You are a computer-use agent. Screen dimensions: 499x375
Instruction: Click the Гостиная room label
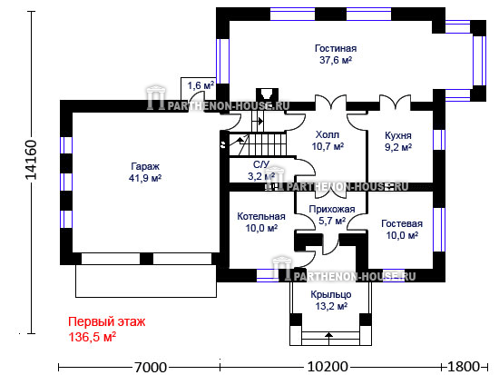pos(336,48)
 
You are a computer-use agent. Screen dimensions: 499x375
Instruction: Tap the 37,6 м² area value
pos(336,60)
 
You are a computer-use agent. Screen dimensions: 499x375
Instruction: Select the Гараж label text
pos(145,167)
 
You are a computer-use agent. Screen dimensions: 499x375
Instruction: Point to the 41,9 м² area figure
pos(145,178)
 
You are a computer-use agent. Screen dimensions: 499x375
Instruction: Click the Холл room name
pos(328,134)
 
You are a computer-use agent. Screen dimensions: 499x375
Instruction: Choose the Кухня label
pos(398,135)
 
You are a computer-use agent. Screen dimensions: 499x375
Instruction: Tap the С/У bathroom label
pos(261,164)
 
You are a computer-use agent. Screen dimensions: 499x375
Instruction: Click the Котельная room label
pos(261,217)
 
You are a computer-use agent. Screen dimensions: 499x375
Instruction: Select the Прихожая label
pos(332,210)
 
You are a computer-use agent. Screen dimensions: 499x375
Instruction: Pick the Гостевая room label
pos(402,223)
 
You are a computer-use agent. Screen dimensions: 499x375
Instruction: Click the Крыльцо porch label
pos(331,295)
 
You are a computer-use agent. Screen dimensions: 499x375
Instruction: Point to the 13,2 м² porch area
pos(331,306)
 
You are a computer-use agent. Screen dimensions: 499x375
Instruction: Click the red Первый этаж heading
pos(107,321)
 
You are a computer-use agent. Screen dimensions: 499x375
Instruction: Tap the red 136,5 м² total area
pos(93,337)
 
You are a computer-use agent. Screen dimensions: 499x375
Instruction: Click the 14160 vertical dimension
pos(31,160)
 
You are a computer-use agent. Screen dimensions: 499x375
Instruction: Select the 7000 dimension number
pos(151,368)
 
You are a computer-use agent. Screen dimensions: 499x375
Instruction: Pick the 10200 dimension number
pos(328,367)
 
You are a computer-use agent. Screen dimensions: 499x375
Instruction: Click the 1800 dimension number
pos(464,367)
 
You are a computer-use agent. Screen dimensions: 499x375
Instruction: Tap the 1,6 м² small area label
pos(201,85)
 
